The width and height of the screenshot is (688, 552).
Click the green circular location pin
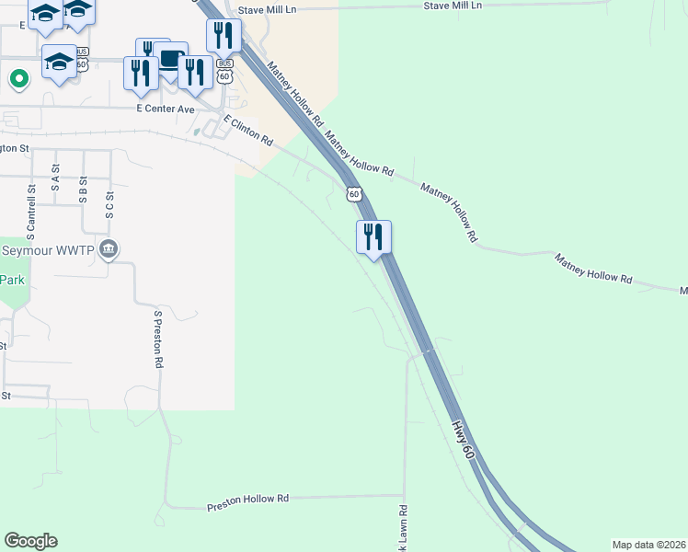pyautogui.click(x=17, y=79)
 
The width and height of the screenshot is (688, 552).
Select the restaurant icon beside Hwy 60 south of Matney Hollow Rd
pyautogui.click(x=373, y=237)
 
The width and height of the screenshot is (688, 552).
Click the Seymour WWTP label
pyautogui.click(x=51, y=250)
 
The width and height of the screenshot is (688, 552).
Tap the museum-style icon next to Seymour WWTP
pyautogui.click(x=109, y=249)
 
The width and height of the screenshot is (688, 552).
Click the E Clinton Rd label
pyautogui.click(x=248, y=134)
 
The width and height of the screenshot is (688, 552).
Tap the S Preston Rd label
pyautogui.click(x=158, y=339)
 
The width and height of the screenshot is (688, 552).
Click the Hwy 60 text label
pyautogui.click(x=463, y=441)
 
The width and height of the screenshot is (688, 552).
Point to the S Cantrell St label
pyautogui.click(x=31, y=207)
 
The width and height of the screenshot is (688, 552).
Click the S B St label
pyautogui.click(x=83, y=189)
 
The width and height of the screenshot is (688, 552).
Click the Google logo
pyautogui.click(x=30, y=541)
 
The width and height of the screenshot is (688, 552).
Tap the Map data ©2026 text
pyautogui.click(x=648, y=545)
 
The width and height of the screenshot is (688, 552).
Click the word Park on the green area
pyautogui.click(x=12, y=281)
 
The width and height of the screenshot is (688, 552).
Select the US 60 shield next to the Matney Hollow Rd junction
pyautogui.click(x=354, y=194)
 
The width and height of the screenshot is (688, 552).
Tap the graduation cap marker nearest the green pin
pyautogui.click(x=60, y=61)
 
